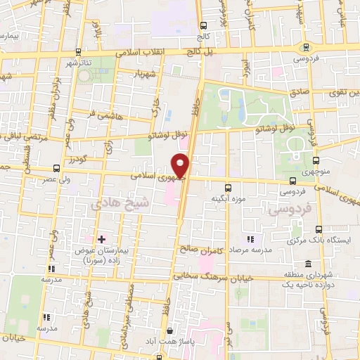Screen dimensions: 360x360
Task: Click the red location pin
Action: [x=181, y=165]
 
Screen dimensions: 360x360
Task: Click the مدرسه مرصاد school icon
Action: [x=250, y=239]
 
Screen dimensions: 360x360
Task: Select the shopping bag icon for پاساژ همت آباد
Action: [x=169, y=330]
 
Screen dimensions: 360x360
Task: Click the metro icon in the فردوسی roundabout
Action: [x=304, y=47]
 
